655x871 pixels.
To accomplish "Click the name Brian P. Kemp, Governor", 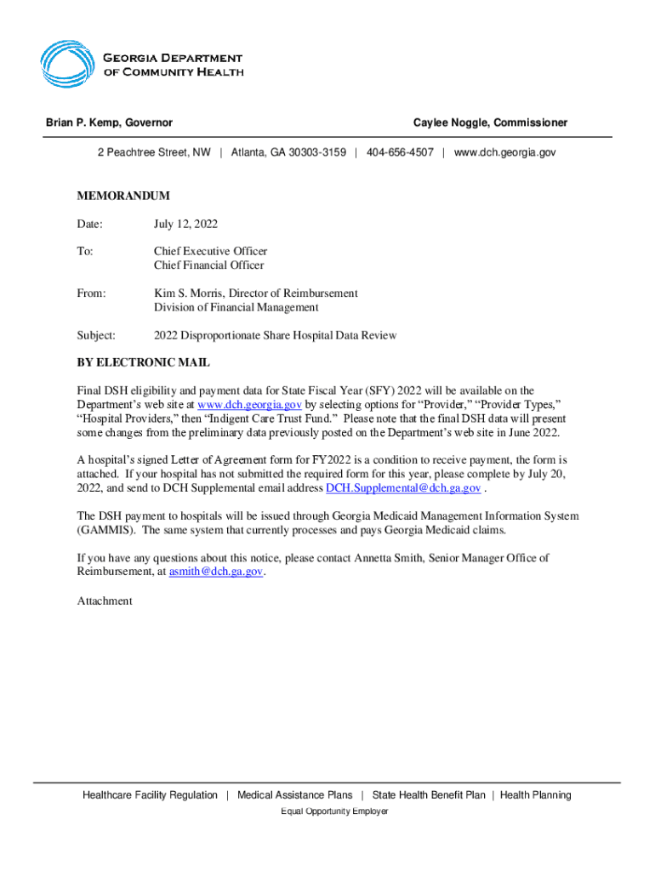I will (x=109, y=123).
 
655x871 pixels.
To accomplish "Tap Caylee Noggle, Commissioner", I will (x=490, y=123).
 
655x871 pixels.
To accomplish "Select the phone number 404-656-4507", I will (x=400, y=152).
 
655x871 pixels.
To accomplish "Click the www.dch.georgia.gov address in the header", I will (x=504, y=152).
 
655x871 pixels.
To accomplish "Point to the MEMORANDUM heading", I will (x=123, y=196).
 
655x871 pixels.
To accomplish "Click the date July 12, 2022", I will (x=185, y=225).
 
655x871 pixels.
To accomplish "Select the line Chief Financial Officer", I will (x=208, y=265).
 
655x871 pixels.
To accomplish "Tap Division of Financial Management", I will (x=236, y=307).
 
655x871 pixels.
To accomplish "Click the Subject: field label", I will (x=96, y=335).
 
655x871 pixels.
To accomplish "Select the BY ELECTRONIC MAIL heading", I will (x=143, y=362).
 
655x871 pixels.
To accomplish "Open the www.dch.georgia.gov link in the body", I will (x=249, y=405).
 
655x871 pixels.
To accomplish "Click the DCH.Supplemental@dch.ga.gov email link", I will (x=403, y=488).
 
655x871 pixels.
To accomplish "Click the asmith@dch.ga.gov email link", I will (x=215, y=572).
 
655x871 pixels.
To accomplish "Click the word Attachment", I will (x=105, y=601).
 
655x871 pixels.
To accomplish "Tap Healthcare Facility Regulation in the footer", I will (x=150, y=795).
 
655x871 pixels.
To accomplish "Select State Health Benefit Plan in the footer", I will (x=429, y=795).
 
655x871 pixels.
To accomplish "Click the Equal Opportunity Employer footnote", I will (x=334, y=811).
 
